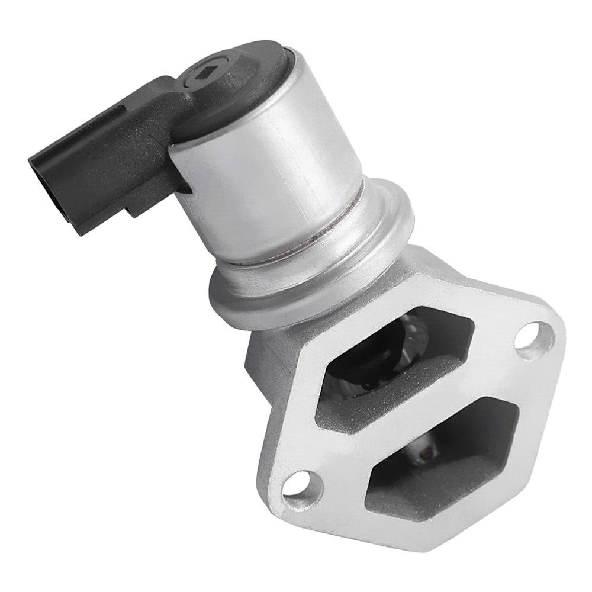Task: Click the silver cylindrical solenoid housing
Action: click(278, 178)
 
